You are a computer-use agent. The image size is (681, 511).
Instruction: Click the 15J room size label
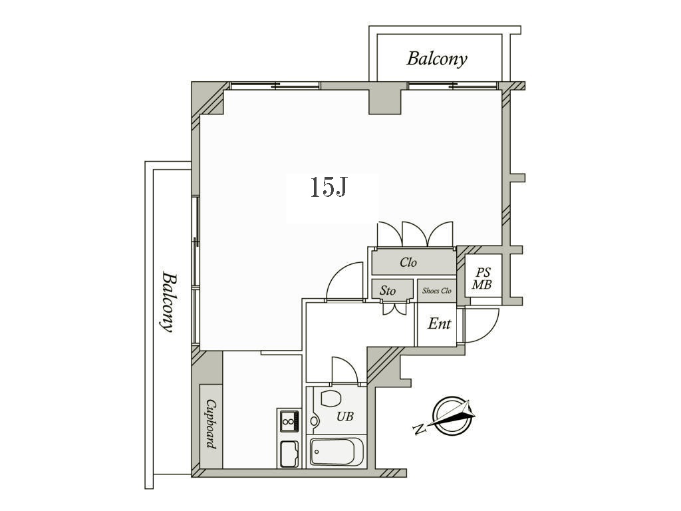coord(329,188)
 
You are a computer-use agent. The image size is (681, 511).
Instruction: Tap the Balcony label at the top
coord(436,59)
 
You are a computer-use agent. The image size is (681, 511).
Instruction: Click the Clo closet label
coord(408,262)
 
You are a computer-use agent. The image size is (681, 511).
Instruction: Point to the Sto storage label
coord(388,290)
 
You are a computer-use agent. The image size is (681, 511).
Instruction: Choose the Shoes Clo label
coord(436,291)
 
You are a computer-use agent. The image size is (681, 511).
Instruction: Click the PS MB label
coord(482,279)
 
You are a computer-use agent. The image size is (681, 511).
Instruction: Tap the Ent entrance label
coord(439,323)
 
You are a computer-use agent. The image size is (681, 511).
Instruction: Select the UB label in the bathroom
coord(345,417)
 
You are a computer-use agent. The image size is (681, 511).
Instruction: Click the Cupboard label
coord(211,424)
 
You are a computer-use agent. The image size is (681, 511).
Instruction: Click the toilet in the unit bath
coord(331,399)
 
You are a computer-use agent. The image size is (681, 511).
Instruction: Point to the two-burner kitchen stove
coord(289,421)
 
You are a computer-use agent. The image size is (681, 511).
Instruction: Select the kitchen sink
coord(289,454)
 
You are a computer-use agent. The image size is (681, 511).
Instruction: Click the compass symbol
coord(452,415)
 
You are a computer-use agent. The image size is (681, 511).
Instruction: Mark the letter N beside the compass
coord(418,430)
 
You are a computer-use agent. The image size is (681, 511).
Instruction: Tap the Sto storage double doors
coord(394,308)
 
